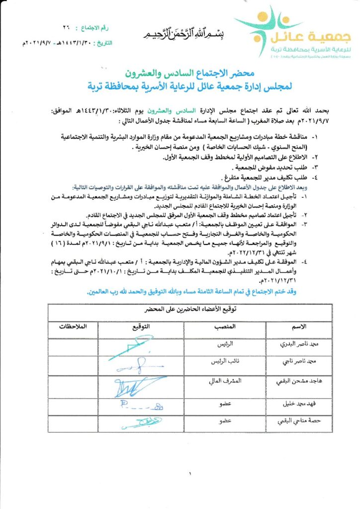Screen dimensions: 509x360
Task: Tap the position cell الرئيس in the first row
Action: click(x=225, y=344)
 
